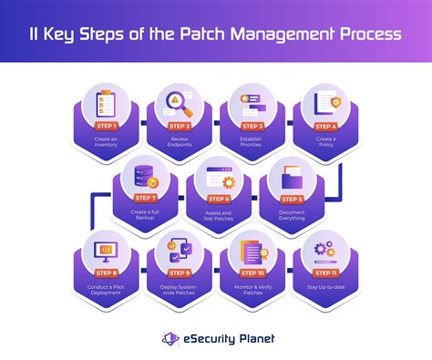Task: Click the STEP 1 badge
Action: pyautogui.click(x=106, y=125)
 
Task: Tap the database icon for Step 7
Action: pyautogui.click(x=146, y=175)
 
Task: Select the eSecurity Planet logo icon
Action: pyautogui.click(x=169, y=338)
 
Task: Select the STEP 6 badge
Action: pyautogui.click(x=217, y=198)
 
